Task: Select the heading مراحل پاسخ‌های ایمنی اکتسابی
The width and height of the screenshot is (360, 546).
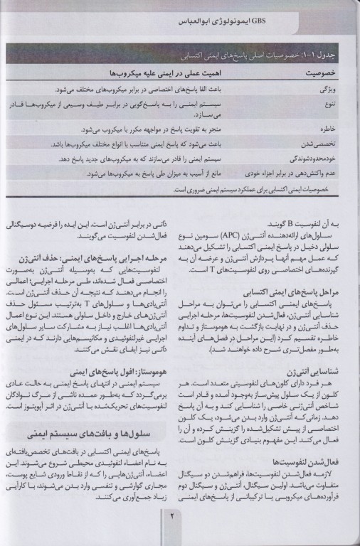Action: pyautogui.click(x=288, y=272)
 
